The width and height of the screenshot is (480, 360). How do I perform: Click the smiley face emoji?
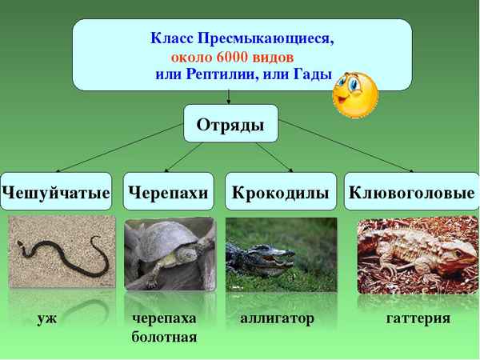click(x=354, y=94)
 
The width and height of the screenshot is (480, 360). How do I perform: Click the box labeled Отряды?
click(x=231, y=124)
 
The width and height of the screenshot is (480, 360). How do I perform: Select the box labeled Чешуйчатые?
click(x=56, y=192)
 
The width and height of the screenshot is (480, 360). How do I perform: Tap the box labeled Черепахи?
click(x=169, y=192)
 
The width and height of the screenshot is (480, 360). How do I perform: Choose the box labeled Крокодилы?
click(x=281, y=192)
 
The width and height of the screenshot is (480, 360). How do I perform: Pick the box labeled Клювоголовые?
click(x=411, y=192)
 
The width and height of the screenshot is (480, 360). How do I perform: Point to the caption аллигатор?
click(x=277, y=318)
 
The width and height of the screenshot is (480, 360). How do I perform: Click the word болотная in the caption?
click(x=164, y=337)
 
